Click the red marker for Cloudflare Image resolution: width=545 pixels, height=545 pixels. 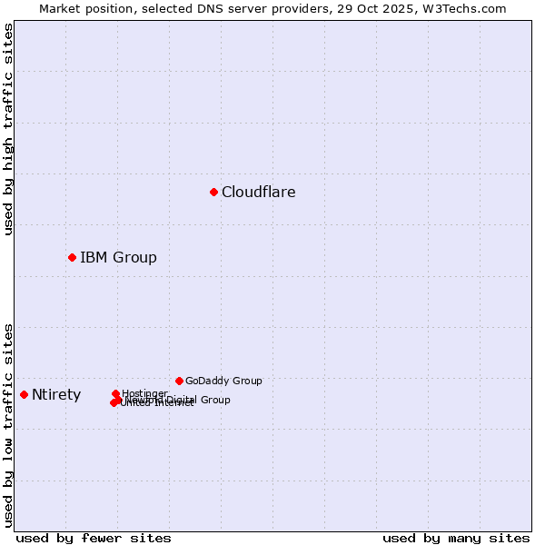pos(213,192)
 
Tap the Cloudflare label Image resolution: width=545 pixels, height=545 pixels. pos(258,193)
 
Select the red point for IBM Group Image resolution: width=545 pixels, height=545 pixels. pos(72,257)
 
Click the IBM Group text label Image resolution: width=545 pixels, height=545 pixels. pos(118,258)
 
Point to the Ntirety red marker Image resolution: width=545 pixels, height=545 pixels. pos(24,394)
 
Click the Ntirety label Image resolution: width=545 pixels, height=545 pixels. pos(56,395)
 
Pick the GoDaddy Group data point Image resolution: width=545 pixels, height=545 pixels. pos(179,381)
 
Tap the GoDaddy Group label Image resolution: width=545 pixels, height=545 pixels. pos(223,381)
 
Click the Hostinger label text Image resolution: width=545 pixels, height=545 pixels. pos(144,393)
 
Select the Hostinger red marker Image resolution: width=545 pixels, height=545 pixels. pos(115,393)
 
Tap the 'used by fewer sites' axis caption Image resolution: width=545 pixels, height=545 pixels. pos(94,538)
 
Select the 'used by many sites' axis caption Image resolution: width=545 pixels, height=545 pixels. pos(456,538)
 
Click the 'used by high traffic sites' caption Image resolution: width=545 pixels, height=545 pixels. pos(9,130)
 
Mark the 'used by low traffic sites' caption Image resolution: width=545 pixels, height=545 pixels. pos(9,425)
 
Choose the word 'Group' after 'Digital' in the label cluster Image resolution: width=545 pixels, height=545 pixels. pos(213,400)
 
